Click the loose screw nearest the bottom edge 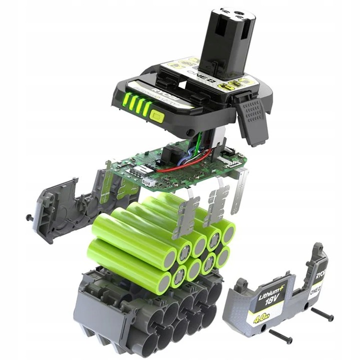click(280, 338)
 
